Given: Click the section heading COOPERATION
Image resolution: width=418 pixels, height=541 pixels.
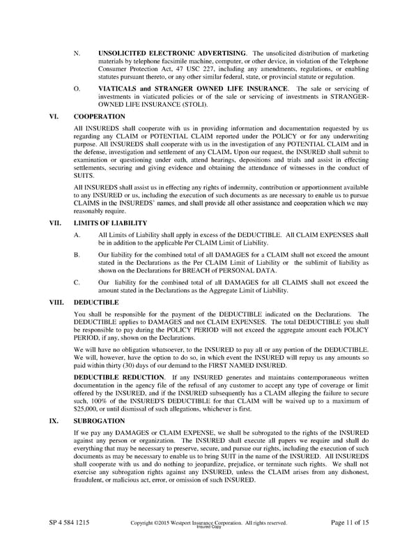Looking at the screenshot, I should click(99, 116).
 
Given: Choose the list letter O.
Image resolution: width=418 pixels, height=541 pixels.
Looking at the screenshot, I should click(77, 89).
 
